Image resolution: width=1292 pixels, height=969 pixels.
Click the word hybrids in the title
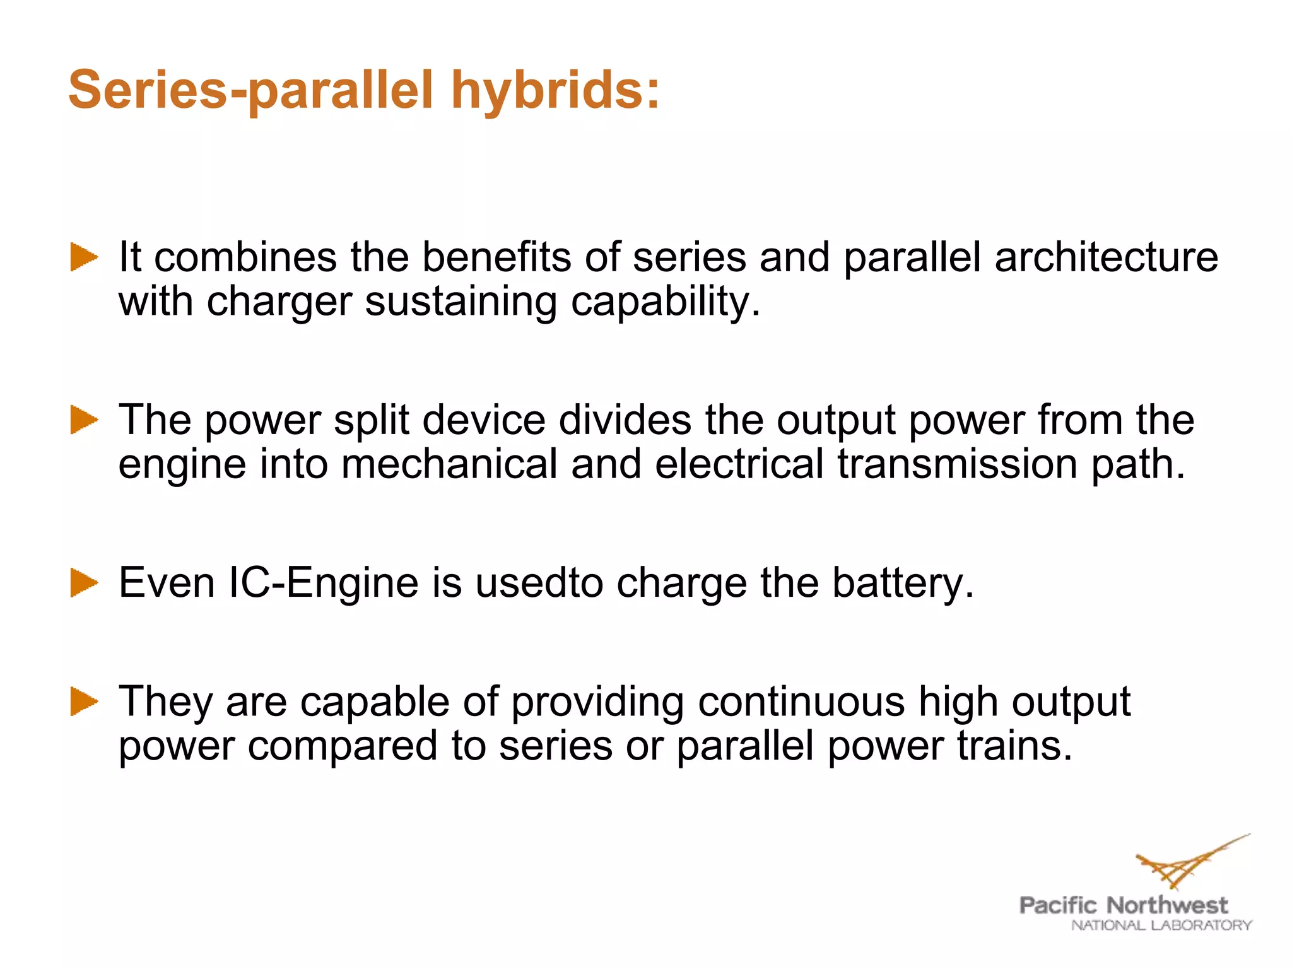(555, 90)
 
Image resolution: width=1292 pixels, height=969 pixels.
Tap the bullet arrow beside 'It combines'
(84, 257)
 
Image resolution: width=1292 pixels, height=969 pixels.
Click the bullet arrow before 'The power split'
(84, 420)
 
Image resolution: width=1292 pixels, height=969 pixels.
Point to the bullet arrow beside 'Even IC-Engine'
(84, 582)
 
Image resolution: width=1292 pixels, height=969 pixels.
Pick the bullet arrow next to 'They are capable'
(84, 702)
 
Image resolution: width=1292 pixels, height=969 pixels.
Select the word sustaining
(461, 302)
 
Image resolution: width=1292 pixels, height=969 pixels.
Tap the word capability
(666, 302)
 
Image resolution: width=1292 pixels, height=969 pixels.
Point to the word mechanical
(449, 464)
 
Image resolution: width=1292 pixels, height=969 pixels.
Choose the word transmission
(958, 464)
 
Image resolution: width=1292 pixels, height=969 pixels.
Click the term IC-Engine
(323, 582)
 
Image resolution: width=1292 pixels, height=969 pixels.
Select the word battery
(903, 582)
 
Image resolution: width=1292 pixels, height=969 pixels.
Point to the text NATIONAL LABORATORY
(1161, 925)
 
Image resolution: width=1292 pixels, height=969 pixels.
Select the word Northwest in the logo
(1167, 905)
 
